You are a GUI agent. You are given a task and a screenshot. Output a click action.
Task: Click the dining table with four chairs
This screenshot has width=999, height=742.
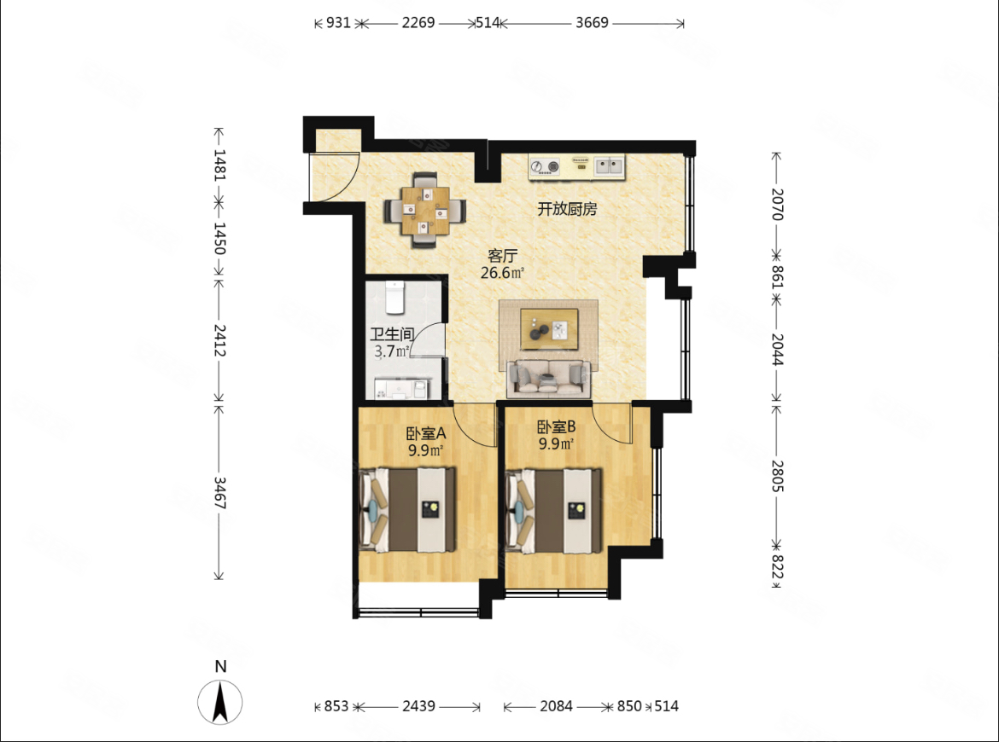(424, 210)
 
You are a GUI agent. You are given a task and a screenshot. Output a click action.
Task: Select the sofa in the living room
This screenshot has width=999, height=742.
(548, 378)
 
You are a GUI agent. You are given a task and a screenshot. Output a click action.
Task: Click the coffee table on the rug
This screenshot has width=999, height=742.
(549, 329)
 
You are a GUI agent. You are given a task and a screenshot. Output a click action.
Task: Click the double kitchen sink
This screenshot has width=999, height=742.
(609, 166)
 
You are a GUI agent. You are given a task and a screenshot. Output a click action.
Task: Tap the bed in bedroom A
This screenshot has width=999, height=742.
(408, 510)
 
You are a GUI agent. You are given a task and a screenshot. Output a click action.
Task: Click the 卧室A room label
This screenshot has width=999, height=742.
(426, 434)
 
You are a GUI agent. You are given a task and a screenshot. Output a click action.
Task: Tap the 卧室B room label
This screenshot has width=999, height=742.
(557, 426)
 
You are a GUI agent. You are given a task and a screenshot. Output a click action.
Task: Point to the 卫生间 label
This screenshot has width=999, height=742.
(393, 334)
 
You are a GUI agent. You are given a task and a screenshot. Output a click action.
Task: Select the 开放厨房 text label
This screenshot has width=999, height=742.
(567, 209)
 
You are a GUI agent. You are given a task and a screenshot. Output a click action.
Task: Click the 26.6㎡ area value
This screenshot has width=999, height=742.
(503, 273)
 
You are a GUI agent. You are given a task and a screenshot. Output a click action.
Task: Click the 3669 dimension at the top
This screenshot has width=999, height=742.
(592, 23)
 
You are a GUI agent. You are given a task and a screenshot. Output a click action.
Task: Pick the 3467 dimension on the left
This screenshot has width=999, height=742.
(219, 493)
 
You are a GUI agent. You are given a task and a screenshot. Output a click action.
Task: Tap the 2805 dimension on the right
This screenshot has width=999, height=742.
(777, 476)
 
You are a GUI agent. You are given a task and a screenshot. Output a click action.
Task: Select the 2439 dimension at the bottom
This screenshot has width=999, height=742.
(418, 705)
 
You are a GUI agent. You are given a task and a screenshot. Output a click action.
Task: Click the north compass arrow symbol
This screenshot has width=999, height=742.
(219, 702)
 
